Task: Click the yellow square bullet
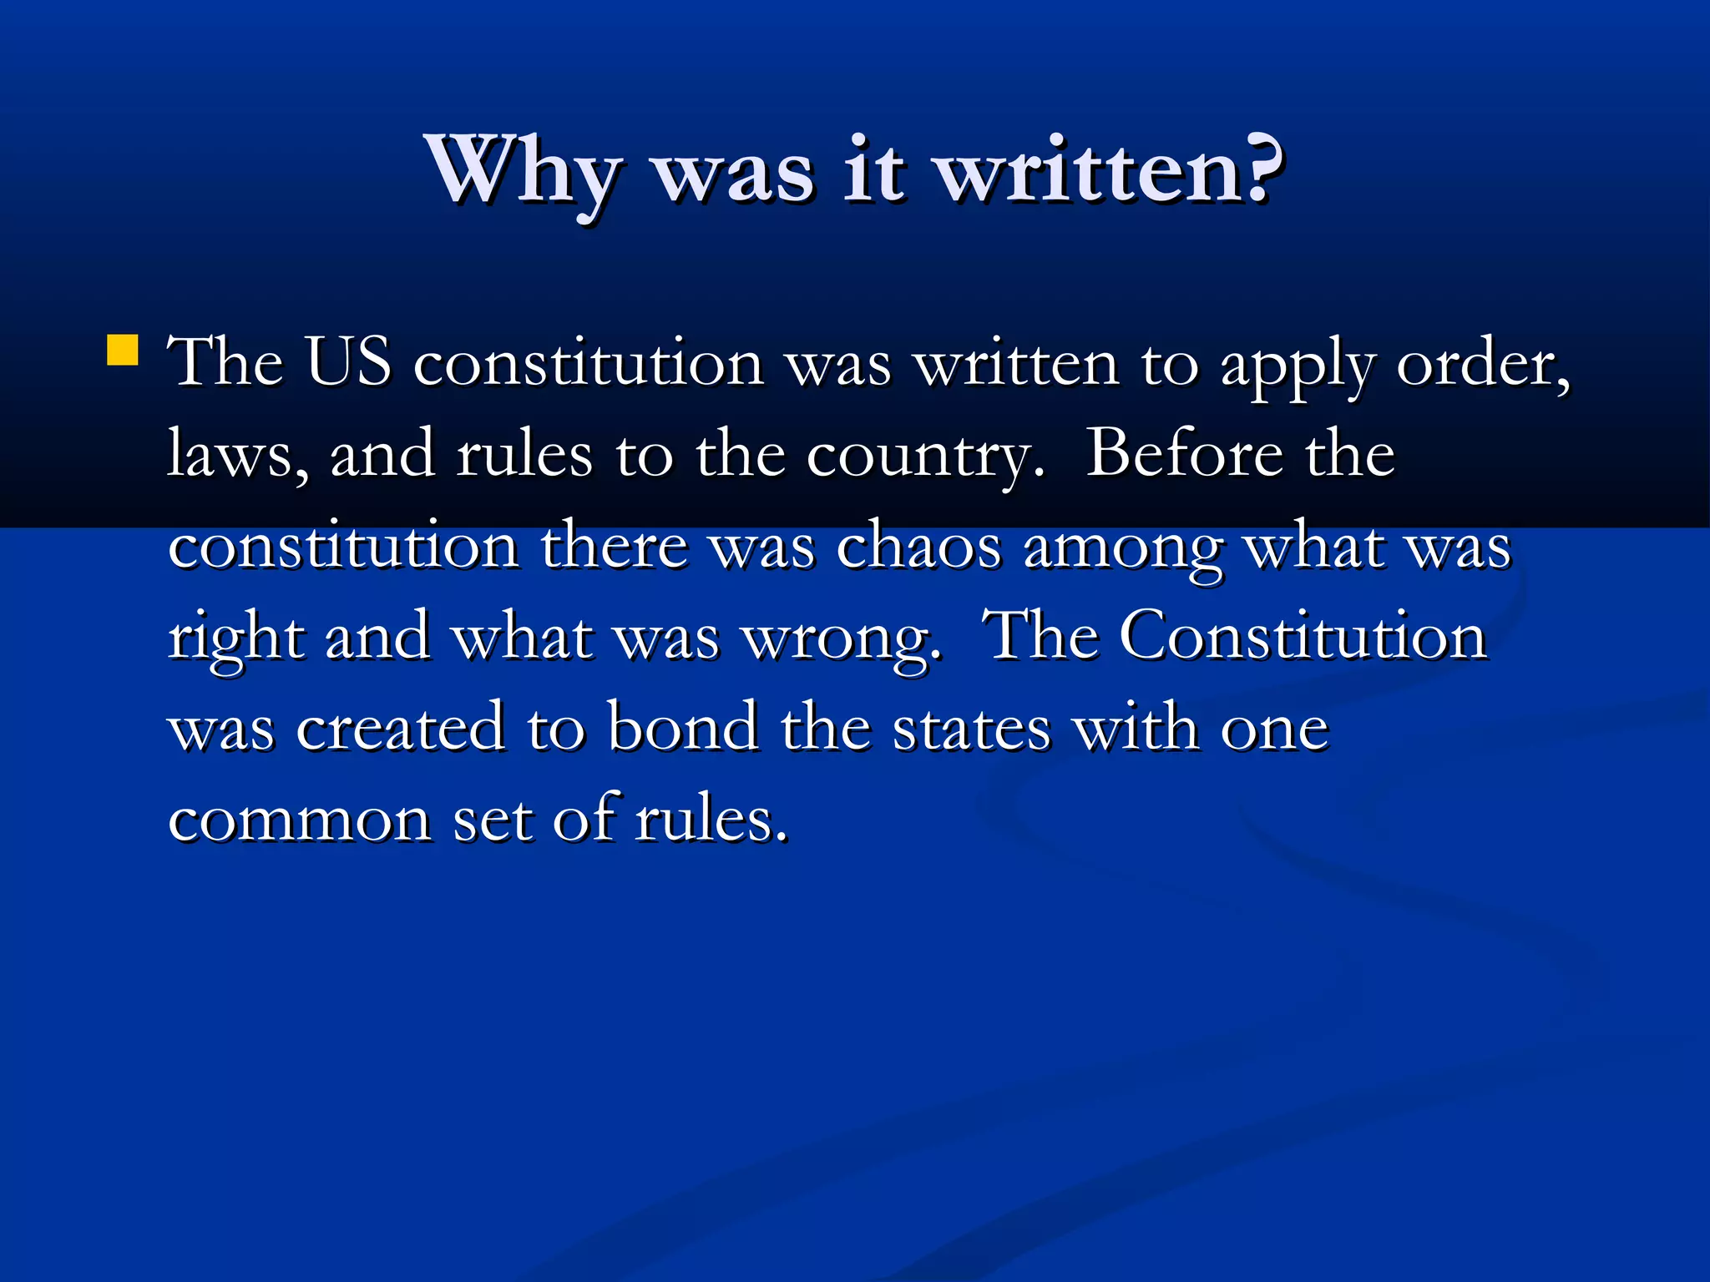pyautogui.click(x=123, y=351)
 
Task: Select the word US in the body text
pyautogui.click(x=348, y=363)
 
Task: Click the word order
pyautogui.click(x=1481, y=366)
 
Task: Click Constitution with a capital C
pyautogui.click(x=1303, y=637)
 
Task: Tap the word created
pyautogui.click(x=401, y=727)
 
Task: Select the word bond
pyautogui.click(x=683, y=727)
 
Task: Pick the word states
pyautogui.click(x=972, y=729)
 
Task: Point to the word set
pyautogui.click(x=492, y=820)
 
